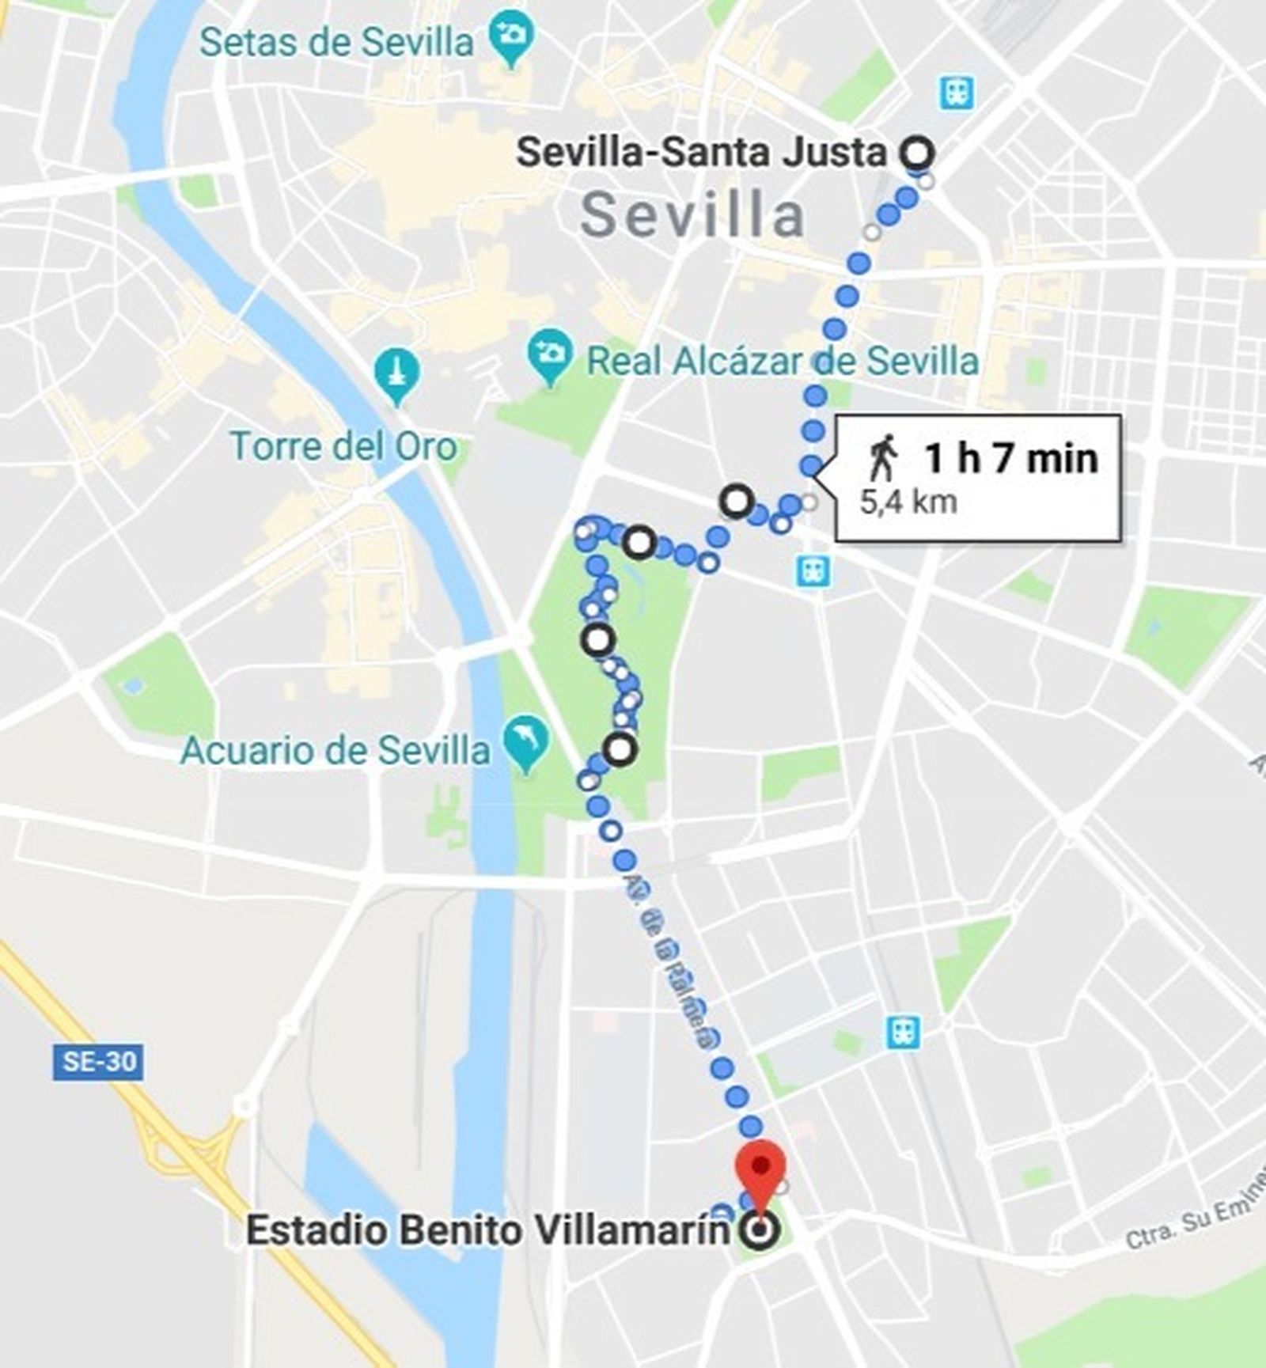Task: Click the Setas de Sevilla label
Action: coord(336,42)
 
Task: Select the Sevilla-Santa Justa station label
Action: coord(701,152)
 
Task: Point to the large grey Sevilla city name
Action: coord(693,215)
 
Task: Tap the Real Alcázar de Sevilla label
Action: coord(782,362)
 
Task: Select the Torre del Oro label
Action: coord(344,446)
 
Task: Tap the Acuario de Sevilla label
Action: coord(335,749)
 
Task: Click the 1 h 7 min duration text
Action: coord(1011,458)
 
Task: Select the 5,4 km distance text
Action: coord(908,502)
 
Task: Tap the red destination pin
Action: coord(760,1169)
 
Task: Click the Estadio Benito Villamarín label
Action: coord(487,1230)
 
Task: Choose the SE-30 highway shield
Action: coord(98,1062)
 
